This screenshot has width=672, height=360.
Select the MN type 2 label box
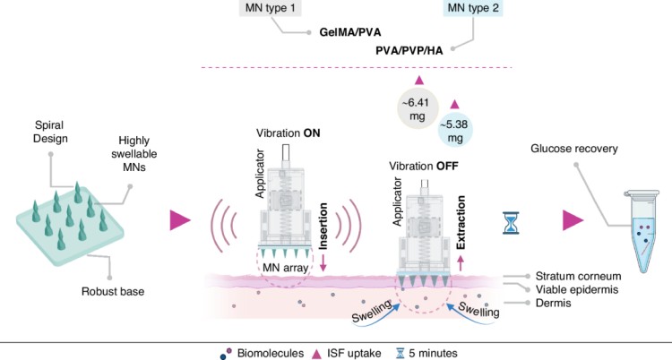[474, 10]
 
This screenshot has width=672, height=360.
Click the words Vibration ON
[289, 133]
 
